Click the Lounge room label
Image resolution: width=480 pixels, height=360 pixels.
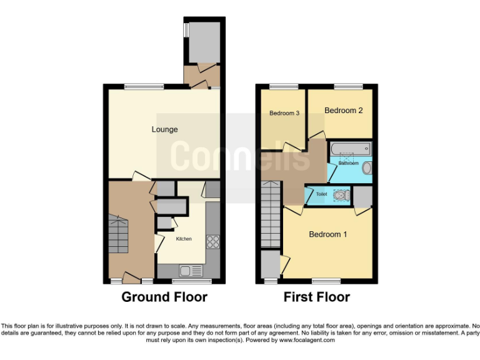(164, 130)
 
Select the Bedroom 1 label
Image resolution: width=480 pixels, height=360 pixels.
(328, 234)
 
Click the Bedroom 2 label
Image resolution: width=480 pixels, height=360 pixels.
(343, 111)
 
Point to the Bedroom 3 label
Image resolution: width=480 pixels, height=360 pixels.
(284, 113)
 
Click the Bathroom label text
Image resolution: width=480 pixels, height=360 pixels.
(348, 163)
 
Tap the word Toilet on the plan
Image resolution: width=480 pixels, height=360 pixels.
(321, 194)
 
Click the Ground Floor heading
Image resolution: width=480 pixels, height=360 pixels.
(164, 297)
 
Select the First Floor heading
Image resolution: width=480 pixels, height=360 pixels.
(317, 297)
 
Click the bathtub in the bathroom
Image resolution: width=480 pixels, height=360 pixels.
(350, 149)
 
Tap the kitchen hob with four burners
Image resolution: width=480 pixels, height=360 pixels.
(212, 241)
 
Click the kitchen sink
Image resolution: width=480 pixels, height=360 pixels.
(189, 271)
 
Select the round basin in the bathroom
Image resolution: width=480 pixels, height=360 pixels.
(367, 167)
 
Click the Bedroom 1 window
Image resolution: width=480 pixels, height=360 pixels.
(326, 281)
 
